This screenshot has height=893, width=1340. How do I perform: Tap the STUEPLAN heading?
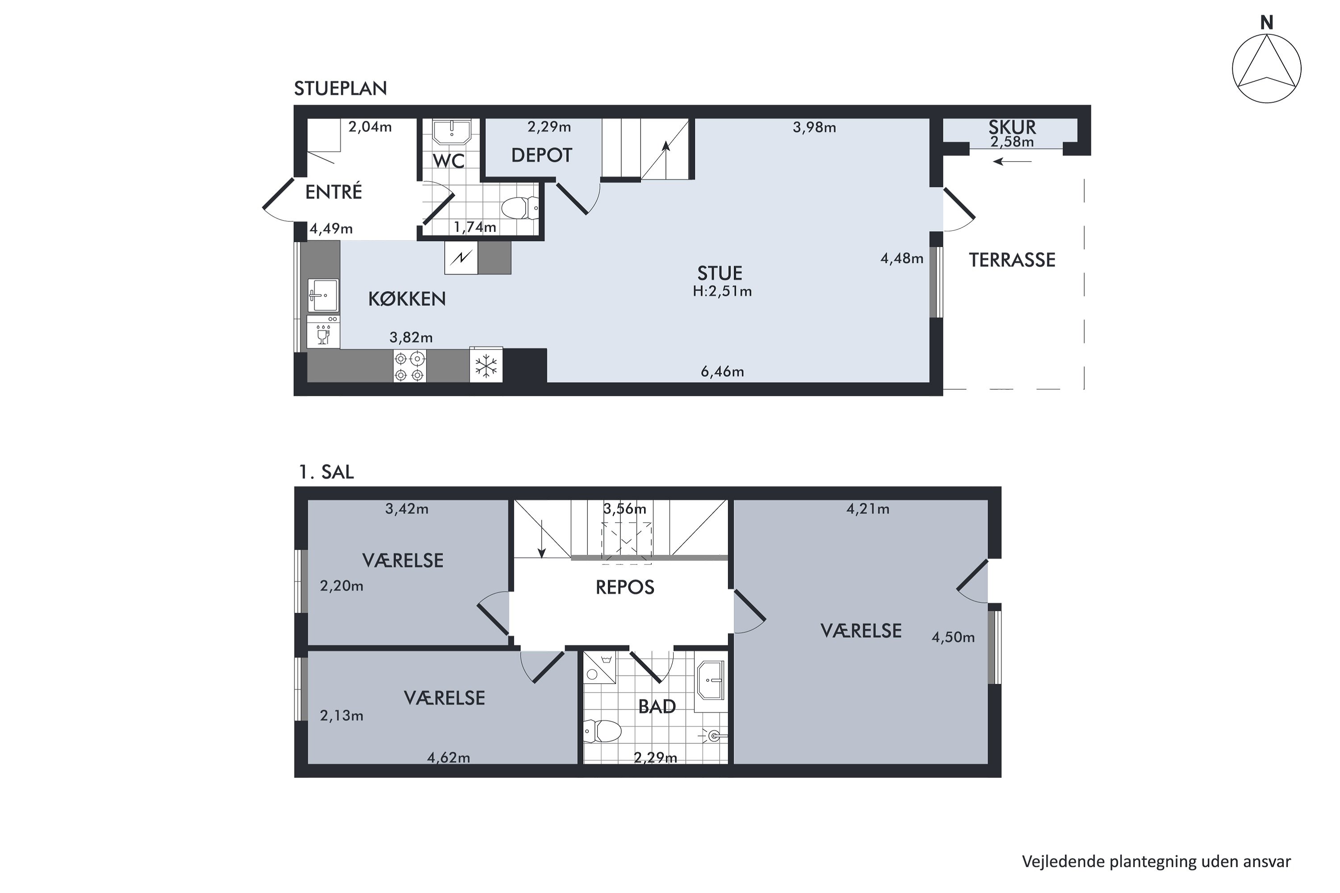coord(340,88)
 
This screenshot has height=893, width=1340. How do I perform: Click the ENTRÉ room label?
coord(333,192)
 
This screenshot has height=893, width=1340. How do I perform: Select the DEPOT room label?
coord(541,155)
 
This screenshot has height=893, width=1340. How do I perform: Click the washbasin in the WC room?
coord(451,132)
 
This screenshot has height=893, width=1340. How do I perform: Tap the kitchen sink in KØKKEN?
coord(323,295)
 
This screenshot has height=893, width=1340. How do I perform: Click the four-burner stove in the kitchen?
coord(409,366)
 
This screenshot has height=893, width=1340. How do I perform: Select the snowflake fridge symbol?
coord(486,365)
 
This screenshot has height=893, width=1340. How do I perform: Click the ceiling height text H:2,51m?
coord(722,292)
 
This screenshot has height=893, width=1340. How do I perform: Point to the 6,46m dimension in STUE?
coord(722,372)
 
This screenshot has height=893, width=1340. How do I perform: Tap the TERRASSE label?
coord(1012,260)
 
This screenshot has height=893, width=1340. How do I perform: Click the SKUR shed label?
coord(1012,127)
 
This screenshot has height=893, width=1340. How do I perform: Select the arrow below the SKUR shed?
coord(1012,162)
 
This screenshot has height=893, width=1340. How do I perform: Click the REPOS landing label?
coord(624,587)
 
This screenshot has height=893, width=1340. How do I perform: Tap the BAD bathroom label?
coord(657,707)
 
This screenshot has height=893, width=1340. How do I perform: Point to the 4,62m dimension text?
coord(449,757)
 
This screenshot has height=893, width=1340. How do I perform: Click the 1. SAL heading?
coord(327,472)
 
